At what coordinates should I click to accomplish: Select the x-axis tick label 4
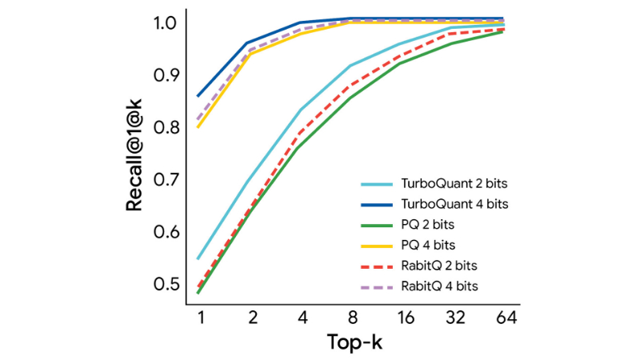pos(301,317)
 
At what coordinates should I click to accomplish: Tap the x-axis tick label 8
pos(353,317)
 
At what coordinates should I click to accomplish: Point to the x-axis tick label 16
pos(404,317)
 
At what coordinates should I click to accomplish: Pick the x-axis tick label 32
pos(456,317)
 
